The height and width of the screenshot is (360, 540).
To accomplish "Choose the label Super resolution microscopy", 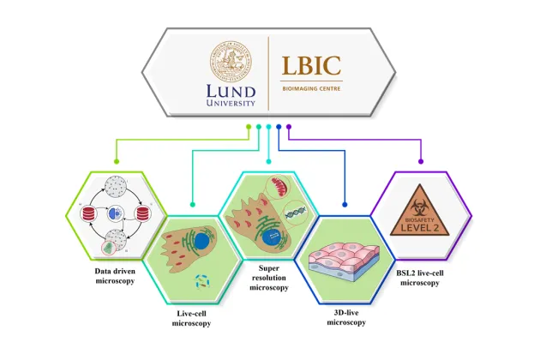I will [268, 281].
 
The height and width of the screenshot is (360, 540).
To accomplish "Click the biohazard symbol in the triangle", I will [422, 207].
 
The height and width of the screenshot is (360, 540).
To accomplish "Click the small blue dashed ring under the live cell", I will [202, 279].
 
